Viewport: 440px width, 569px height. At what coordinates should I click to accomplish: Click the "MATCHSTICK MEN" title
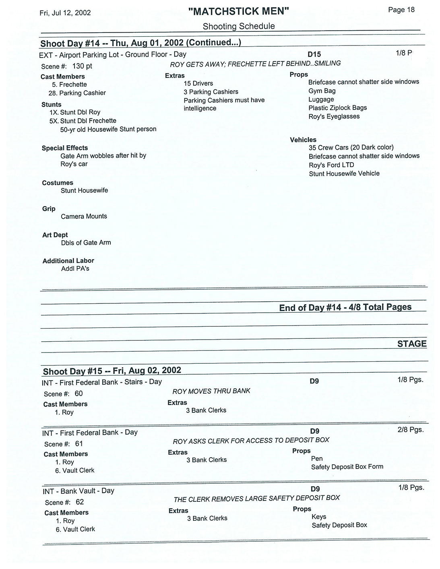pos(239,11)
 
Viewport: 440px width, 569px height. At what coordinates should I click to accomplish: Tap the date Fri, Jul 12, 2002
pos(65,13)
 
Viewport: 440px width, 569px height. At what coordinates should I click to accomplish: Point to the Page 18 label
pos(401,10)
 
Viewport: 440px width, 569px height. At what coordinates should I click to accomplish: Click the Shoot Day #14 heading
pos(140,43)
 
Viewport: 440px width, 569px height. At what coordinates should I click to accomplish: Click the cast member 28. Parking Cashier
pos(77,93)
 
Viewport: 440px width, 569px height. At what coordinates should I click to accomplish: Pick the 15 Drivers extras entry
pos(198,83)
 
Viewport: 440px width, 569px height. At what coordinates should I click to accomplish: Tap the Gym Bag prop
pos(322,91)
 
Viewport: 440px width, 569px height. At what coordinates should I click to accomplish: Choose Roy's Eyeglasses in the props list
pos(334,116)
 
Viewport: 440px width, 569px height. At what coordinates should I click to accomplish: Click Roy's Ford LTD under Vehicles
pos(331,165)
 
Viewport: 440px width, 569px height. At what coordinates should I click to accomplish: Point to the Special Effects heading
pos(65,148)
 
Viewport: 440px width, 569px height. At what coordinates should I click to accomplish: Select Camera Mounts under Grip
pos(84,216)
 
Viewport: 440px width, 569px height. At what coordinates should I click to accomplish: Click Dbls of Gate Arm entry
pos(86,243)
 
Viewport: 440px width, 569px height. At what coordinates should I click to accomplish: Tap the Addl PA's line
pos(75,269)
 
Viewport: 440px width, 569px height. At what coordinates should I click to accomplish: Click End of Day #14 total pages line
pos(345,307)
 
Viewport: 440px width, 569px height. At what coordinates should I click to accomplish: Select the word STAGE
pos(412,344)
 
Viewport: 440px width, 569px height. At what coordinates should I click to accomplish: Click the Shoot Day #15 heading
pos(112,371)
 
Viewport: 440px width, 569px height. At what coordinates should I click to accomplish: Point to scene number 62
pos(80,502)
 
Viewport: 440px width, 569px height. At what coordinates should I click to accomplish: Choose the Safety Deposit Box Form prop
pos(347,467)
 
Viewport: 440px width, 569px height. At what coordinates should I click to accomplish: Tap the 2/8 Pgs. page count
pos(411,430)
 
